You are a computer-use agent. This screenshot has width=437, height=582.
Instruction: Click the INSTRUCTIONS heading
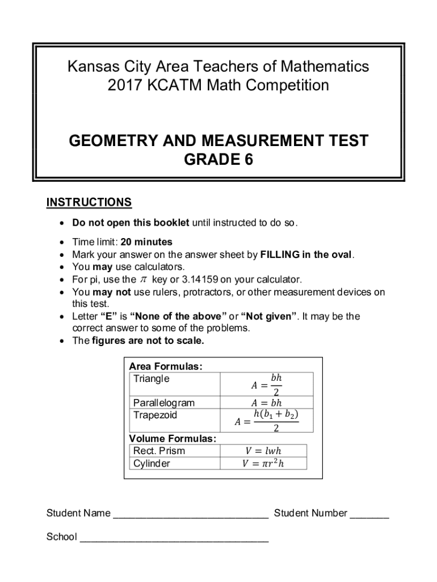pos(89,203)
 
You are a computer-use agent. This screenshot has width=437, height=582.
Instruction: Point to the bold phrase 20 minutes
pos(146,242)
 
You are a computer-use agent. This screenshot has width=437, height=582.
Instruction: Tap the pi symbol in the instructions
pos(143,280)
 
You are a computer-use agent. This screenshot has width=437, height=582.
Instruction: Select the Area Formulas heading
pos(166,367)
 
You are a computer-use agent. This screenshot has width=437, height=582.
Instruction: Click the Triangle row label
pos(151,379)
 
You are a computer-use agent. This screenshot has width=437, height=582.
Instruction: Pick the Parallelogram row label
pos(163,403)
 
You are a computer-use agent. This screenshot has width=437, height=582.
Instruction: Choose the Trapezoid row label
pos(155,415)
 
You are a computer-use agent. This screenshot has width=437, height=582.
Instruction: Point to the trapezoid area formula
pos(266,421)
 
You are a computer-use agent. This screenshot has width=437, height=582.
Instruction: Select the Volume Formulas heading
pos(173,439)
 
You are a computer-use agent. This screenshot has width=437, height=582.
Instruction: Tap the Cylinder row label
pos(152,463)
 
